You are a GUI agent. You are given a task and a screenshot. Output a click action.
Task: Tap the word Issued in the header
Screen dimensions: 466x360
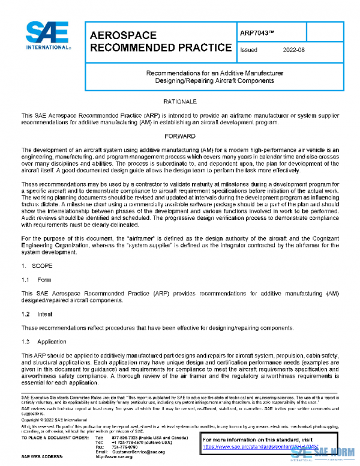point(249,50)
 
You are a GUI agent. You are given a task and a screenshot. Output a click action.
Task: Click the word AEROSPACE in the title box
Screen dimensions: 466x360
point(124,35)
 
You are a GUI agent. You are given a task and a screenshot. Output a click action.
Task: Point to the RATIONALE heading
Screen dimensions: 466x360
point(180,101)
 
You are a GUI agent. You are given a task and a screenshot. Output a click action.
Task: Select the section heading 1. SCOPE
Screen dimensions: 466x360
point(38,265)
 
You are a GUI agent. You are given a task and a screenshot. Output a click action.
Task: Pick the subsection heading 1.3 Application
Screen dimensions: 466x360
point(44,342)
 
